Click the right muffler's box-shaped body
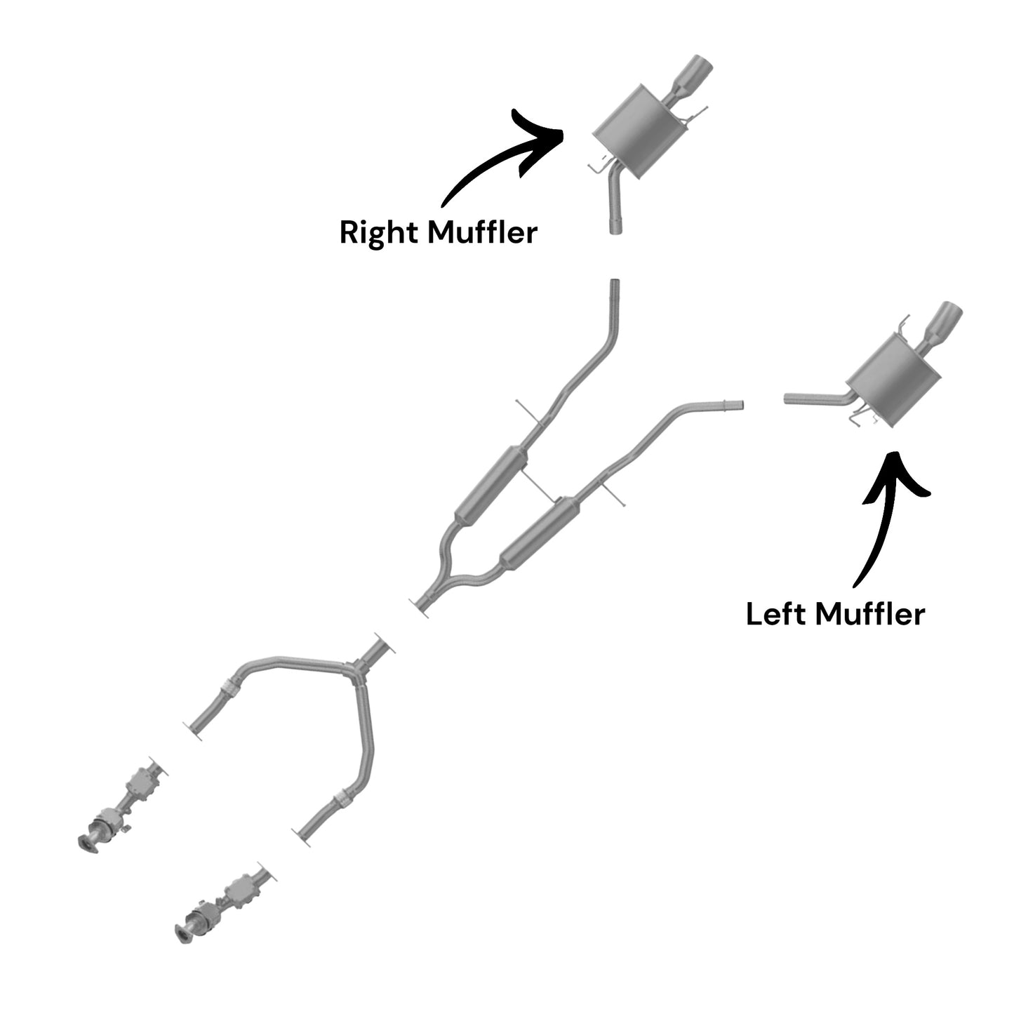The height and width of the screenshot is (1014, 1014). click(x=639, y=131)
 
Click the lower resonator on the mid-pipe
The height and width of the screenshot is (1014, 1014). click(x=539, y=533)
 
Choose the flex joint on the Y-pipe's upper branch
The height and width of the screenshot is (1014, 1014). click(x=230, y=686)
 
